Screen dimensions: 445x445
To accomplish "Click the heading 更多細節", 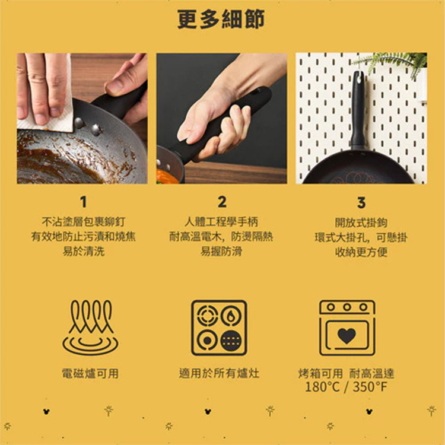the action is click(x=221, y=20).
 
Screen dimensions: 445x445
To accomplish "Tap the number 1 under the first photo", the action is click(x=83, y=202).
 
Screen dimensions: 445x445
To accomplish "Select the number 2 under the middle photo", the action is click(x=222, y=202).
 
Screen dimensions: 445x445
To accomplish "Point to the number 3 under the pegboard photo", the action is click(x=361, y=202).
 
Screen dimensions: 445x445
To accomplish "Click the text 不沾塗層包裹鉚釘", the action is click(x=84, y=222).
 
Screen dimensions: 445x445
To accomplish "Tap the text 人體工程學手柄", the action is click(x=221, y=222).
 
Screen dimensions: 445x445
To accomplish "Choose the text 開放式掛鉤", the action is click(x=361, y=223).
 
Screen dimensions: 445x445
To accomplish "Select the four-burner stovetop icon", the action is click(x=219, y=328).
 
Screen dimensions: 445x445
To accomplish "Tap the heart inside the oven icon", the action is click(x=347, y=335).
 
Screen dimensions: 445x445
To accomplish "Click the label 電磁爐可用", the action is click(x=90, y=373).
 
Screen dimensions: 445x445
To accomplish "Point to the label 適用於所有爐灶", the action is click(x=219, y=373).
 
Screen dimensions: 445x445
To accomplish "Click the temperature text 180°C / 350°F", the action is click(x=346, y=387).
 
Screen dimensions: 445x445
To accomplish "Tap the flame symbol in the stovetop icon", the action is click(x=231, y=316).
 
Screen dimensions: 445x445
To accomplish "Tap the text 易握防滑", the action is click(x=221, y=251).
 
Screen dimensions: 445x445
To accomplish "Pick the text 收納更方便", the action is click(x=361, y=252).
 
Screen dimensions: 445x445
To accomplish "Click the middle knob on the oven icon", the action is click(x=347, y=307).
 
